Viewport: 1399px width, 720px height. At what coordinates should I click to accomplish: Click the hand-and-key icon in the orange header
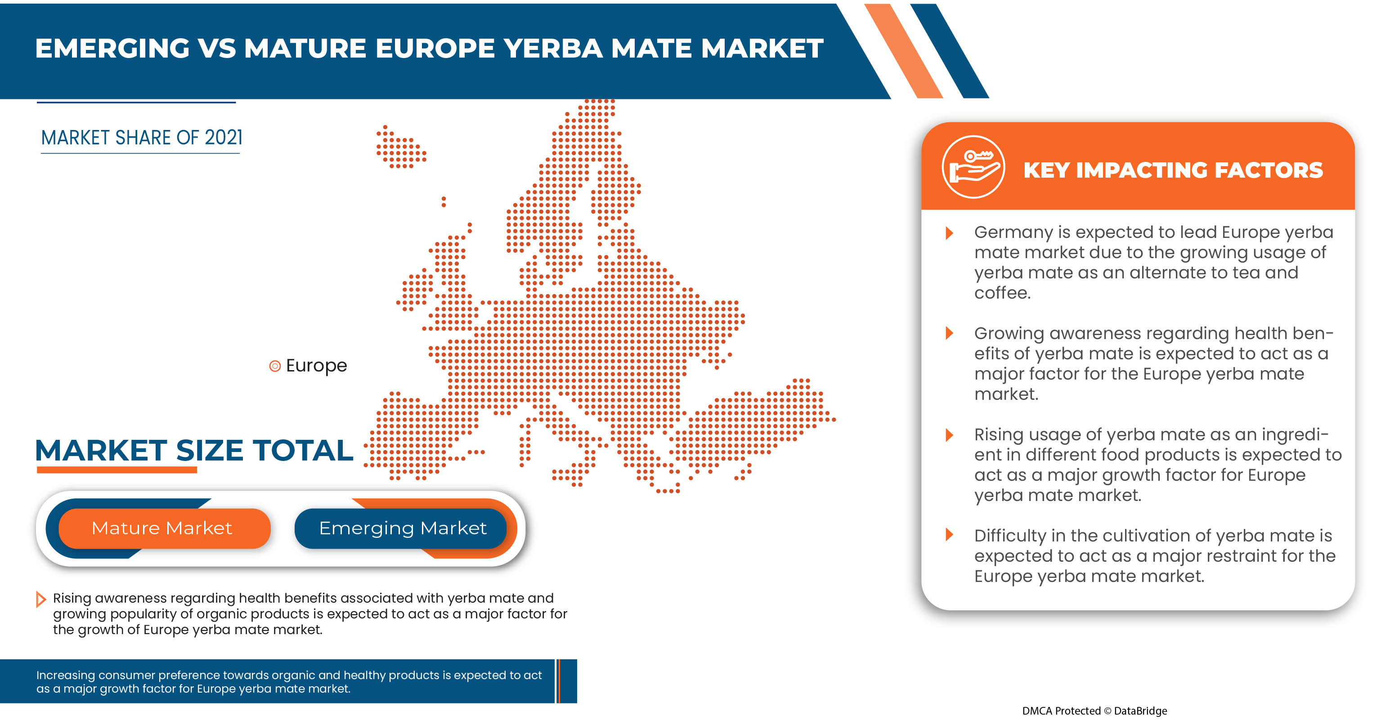click(x=973, y=168)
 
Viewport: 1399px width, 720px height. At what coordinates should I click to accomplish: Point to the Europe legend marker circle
click(x=275, y=366)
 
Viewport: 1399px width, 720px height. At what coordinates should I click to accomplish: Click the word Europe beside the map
click(x=316, y=366)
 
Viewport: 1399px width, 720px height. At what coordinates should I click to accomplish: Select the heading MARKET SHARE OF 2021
click(x=141, y=138)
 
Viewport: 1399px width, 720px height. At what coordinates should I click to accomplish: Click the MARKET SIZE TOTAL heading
click(x=194, y=451)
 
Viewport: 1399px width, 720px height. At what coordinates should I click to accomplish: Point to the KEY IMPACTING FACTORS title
click(x=1173, y=170)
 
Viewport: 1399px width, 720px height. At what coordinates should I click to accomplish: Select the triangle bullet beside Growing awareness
click(x=949, y=333)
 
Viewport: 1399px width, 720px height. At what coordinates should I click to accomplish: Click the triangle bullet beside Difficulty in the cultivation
click(x=949, y=534)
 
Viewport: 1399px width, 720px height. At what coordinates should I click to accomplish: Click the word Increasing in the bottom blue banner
click(x=66, y=675)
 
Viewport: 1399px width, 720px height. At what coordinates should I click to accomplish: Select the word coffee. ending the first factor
click(x=1001, y=293)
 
